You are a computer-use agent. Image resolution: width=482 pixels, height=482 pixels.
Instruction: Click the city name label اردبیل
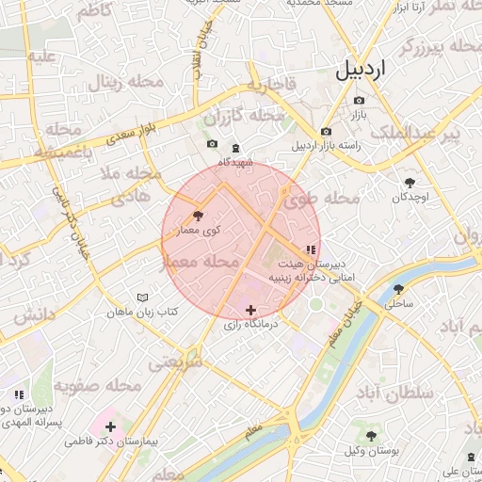(x=360, y=70)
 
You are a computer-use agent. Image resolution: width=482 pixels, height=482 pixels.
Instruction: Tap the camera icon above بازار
(x=358, y=100)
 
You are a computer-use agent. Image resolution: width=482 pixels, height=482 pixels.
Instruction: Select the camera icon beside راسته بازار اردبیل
(x=326, y=132)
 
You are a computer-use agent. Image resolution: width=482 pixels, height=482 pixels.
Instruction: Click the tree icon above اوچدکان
(x=410, y=183)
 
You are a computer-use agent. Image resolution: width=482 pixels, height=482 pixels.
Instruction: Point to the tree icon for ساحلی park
(x=398, y=289)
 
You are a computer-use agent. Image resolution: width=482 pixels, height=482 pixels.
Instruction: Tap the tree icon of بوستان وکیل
(x=371, y=436)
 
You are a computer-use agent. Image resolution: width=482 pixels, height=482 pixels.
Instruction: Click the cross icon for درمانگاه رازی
(x=250, y=310)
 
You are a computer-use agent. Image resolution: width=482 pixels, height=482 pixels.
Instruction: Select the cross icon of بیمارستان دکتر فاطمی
(x=111, y=426)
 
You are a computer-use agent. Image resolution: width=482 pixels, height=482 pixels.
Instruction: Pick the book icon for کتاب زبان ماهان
(x=142, y=297)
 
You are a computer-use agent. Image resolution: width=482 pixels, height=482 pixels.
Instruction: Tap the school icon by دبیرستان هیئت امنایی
(x=311, y=249)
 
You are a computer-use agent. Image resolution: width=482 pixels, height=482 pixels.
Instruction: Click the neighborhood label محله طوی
(x=329, y=199)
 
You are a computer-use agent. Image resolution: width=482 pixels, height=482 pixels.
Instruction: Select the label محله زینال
(x=126, y=83)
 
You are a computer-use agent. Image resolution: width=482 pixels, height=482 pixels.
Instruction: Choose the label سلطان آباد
(x=394, y=391)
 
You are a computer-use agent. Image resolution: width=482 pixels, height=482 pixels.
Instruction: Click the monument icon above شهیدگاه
(x=235, y=147)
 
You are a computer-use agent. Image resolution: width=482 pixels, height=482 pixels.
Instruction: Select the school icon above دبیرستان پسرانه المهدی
(x=18, y=394)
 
